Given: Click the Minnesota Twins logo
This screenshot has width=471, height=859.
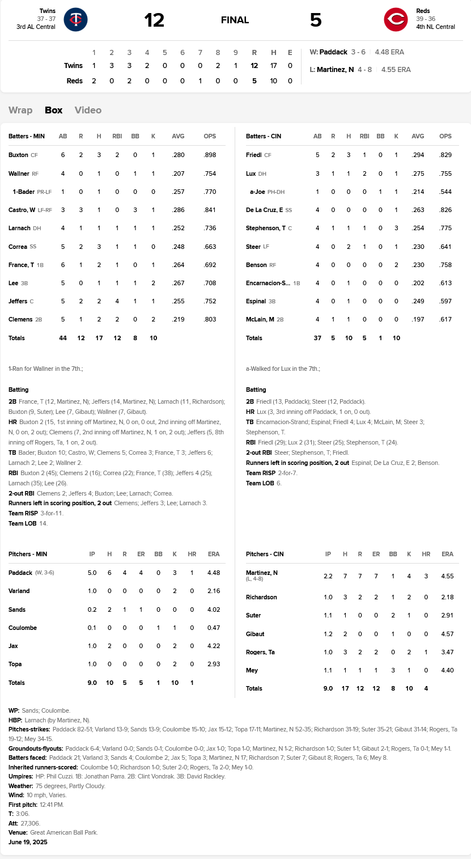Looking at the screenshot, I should (x=75, y=20).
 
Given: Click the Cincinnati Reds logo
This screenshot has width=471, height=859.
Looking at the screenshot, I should (x=396, y=20).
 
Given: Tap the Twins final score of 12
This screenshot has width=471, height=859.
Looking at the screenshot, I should (x=154, y=20).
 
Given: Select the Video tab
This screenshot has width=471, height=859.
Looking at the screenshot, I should (x=88, y=110).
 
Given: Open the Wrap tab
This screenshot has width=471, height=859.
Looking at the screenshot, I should (x=20, y=110).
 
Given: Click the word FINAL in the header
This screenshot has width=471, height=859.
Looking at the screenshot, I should (x=235, y=20).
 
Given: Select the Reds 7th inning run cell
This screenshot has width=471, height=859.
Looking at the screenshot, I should (x=200, y=81).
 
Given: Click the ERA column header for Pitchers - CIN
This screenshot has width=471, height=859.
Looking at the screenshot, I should (x=447, y=554).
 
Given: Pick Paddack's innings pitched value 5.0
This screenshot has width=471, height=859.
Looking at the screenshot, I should (x=92, y=573).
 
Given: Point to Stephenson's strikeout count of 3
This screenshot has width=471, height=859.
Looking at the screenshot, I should (x=396, y=228).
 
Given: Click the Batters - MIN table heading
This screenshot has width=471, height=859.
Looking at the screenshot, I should (x=27, y=137).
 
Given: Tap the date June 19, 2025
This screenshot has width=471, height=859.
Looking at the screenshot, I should (x=28, y=842).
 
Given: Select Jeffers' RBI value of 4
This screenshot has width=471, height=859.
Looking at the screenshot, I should (x=117, y=302).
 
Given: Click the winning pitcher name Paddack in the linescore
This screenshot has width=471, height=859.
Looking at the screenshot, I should (x=333, y=52).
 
